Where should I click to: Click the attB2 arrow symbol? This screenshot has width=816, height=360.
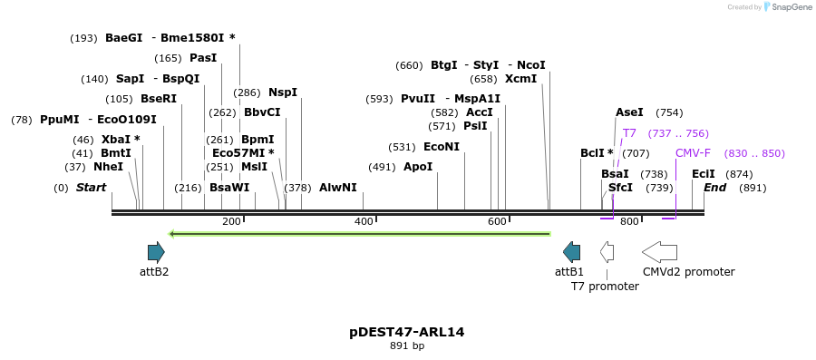156,252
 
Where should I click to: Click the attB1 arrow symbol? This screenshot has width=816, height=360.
571,252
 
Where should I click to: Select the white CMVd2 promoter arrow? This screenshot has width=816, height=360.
659,252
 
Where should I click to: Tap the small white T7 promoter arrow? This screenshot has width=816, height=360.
607,252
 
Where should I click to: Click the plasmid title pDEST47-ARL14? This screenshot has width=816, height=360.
406,332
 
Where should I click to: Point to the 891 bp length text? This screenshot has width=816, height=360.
406,345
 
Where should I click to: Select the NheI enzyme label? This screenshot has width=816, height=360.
108,167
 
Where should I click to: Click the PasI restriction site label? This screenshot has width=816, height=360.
203,58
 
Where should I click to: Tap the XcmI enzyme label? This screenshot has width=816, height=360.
520,79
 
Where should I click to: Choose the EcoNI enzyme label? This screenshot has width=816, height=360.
442,147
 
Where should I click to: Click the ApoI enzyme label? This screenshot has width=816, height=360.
418,167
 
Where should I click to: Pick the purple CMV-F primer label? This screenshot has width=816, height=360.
693,153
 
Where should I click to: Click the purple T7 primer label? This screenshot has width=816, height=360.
629,133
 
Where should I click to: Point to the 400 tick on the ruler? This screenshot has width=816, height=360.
364,221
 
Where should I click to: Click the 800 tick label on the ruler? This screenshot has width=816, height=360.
630,221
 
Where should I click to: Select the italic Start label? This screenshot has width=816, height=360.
91,188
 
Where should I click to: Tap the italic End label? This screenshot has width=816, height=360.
714,188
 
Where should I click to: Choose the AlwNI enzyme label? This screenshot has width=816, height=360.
337,188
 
